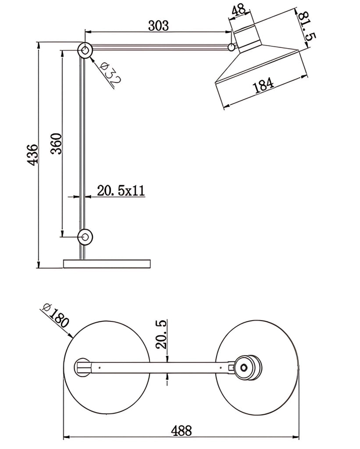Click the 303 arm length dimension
coord(158,26)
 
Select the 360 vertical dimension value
coord(57,144)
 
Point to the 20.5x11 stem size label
coord(121,191)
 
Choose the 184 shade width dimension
coord(264,85)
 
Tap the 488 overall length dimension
coord(182,431)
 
